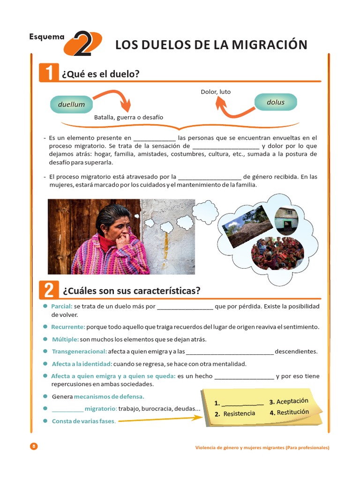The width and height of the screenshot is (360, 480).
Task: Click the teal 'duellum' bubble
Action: pos(71,104)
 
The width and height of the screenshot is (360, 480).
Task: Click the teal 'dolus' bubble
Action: pos(275,102)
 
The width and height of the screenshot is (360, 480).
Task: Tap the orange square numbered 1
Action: pos(49,73)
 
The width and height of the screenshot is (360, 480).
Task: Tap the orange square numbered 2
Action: pos(49,290)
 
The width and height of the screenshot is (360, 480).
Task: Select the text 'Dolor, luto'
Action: pos(216,92)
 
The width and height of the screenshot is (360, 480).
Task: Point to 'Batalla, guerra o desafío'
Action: pos(128,117)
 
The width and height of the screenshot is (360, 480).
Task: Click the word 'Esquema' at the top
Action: pos(46,36)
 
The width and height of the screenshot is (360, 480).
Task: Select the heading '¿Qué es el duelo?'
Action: pos(101,74)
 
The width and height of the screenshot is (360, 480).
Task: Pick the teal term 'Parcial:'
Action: pos(62,306)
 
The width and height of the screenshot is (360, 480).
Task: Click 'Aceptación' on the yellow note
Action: pos(292,401)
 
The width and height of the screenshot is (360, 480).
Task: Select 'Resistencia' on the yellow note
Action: pos(239,413)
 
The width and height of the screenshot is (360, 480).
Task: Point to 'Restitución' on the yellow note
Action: pos(293,412)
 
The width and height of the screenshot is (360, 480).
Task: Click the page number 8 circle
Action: pos(33,446)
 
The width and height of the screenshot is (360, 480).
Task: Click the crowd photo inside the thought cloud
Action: pos(277,253)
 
